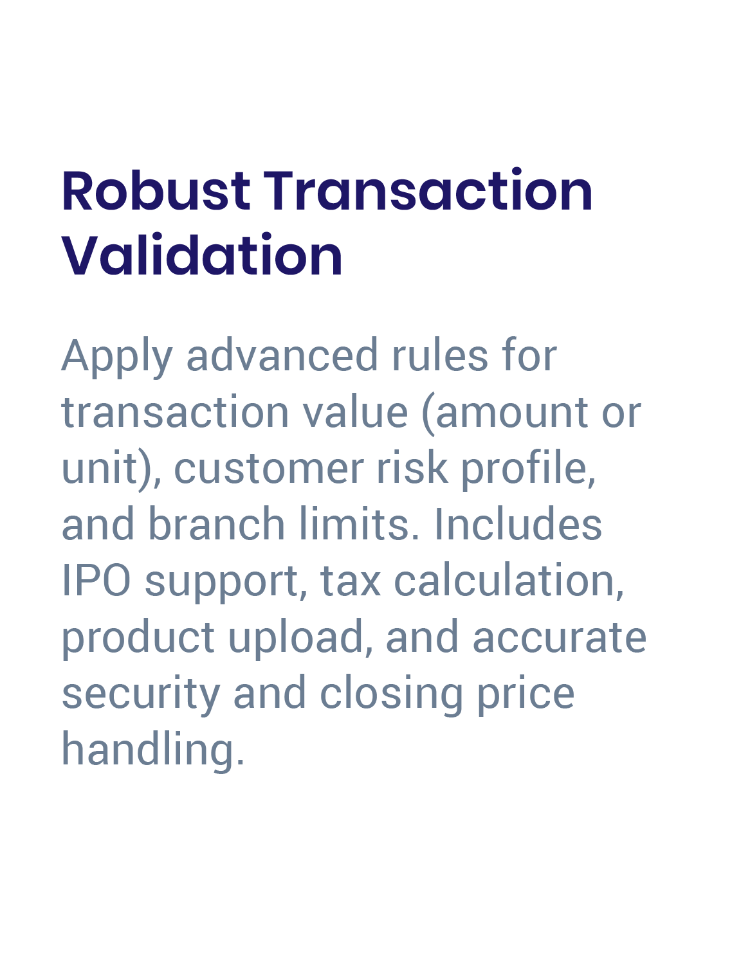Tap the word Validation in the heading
click(202, 256)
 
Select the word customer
click(269, 468)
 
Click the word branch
click(217, 524)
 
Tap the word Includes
click(518, 524)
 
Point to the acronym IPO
click(96, 581)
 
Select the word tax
click(351, 581)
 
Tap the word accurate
click(559, 637)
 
